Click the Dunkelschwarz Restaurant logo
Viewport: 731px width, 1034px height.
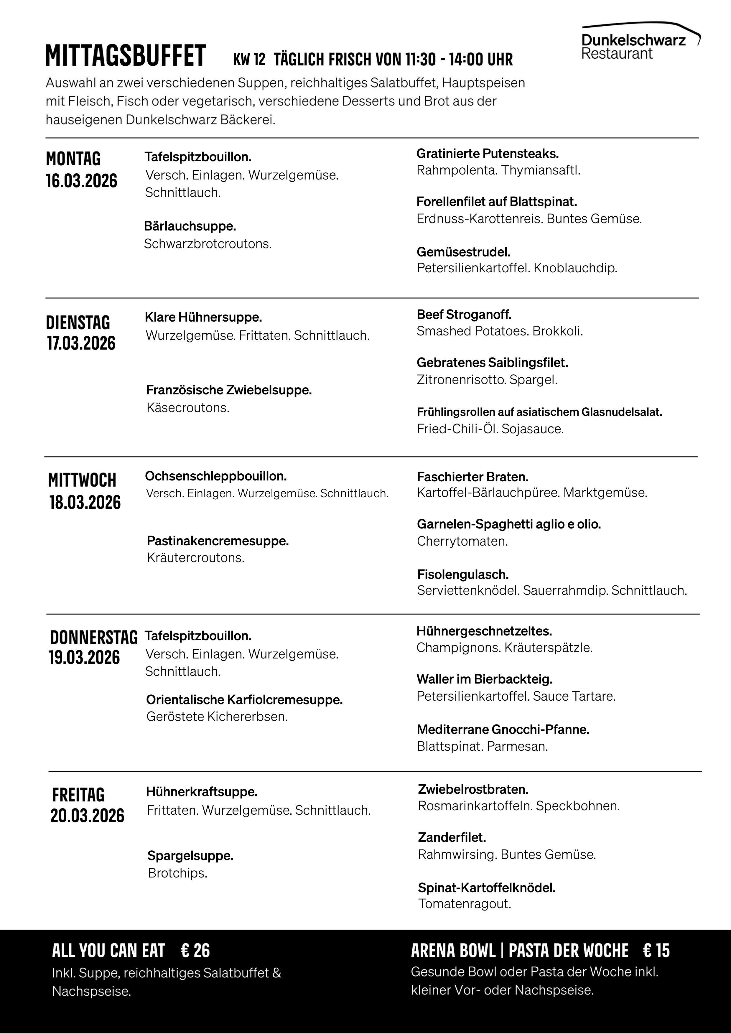pyautogui.click(x=640, y=42)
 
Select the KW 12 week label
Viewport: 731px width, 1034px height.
pyautogui.click(x=249, y=59)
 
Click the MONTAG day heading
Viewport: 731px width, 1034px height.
pyautogui.click(x=73, y=159)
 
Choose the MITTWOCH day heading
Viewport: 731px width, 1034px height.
pyautogui.click(x=82, y=480)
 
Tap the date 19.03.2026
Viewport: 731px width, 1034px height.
pyautogui.click(x=84, y=658)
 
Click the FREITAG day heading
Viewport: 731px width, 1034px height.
pyautogui.click(x=78, y=795)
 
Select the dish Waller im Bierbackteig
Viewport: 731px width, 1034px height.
pyautogui.click(x=485, y=679)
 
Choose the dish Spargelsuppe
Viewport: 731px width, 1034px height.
pyautogui.click(x=190, y=856)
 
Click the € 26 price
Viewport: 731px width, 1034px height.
pyautogui.click(x=195, y=951)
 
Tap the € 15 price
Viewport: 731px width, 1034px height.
pyautogui.click(x=656, y=951)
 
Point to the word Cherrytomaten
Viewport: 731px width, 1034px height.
pyautogui.click(x=462, y=541)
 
